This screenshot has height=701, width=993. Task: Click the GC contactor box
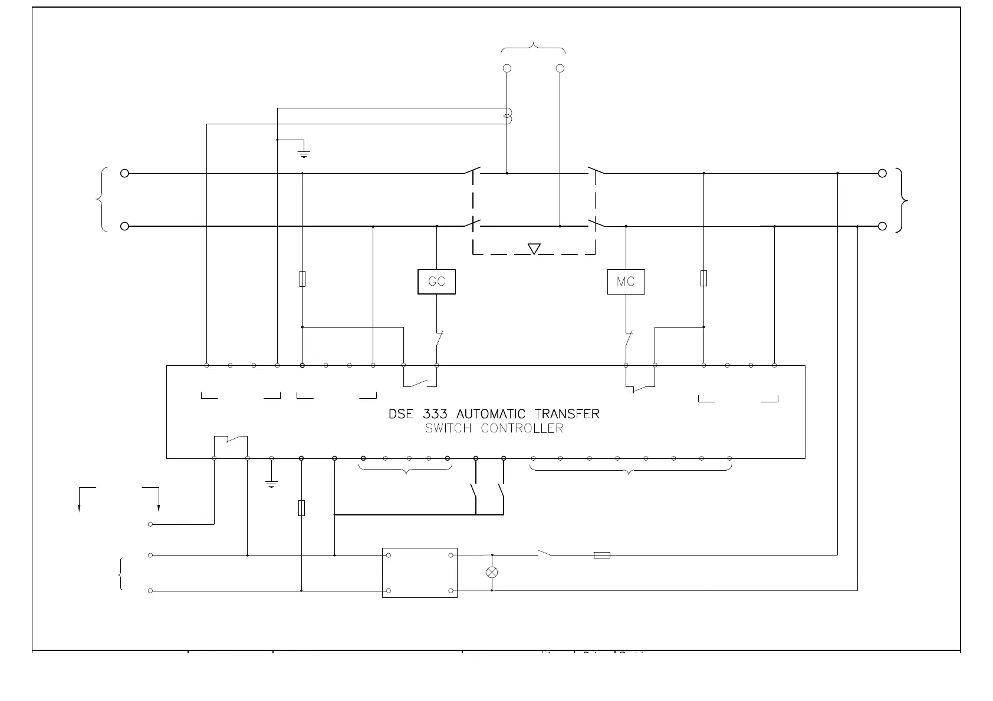point(436,282)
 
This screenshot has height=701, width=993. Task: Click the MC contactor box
point(626,282)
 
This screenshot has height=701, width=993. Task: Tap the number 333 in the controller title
point(435,414)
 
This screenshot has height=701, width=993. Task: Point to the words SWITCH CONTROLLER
point(494,428)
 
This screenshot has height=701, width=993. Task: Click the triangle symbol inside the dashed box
point(534,249)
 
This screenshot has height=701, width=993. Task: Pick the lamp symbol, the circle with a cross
point(492,572)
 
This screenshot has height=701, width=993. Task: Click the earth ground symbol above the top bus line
point(304,154)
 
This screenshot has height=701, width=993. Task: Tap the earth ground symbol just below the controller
point(271,484)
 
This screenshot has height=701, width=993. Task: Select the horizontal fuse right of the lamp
point(601,555)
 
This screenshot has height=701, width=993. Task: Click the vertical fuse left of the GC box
point(302,278)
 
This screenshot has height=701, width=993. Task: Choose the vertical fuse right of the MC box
point(703,278)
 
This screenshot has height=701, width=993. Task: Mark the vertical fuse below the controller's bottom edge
point(301,508)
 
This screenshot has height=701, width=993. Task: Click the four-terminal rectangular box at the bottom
point(419,573)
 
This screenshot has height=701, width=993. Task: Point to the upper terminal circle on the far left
point(124,173)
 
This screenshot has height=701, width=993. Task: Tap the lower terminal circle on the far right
point(882,226)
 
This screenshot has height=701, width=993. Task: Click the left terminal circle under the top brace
point(507,68)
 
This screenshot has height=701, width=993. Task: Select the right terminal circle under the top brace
point(560,68)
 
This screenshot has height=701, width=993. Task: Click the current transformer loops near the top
point(508,116)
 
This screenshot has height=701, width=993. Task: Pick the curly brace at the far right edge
point(902,200)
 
